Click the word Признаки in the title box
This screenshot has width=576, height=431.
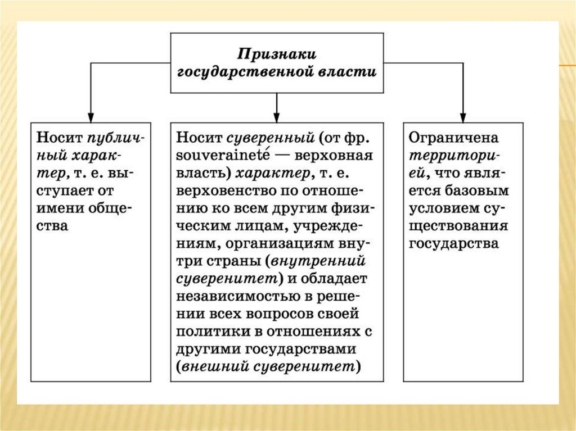point(277,55)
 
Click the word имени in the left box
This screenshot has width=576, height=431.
point(58,208)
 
